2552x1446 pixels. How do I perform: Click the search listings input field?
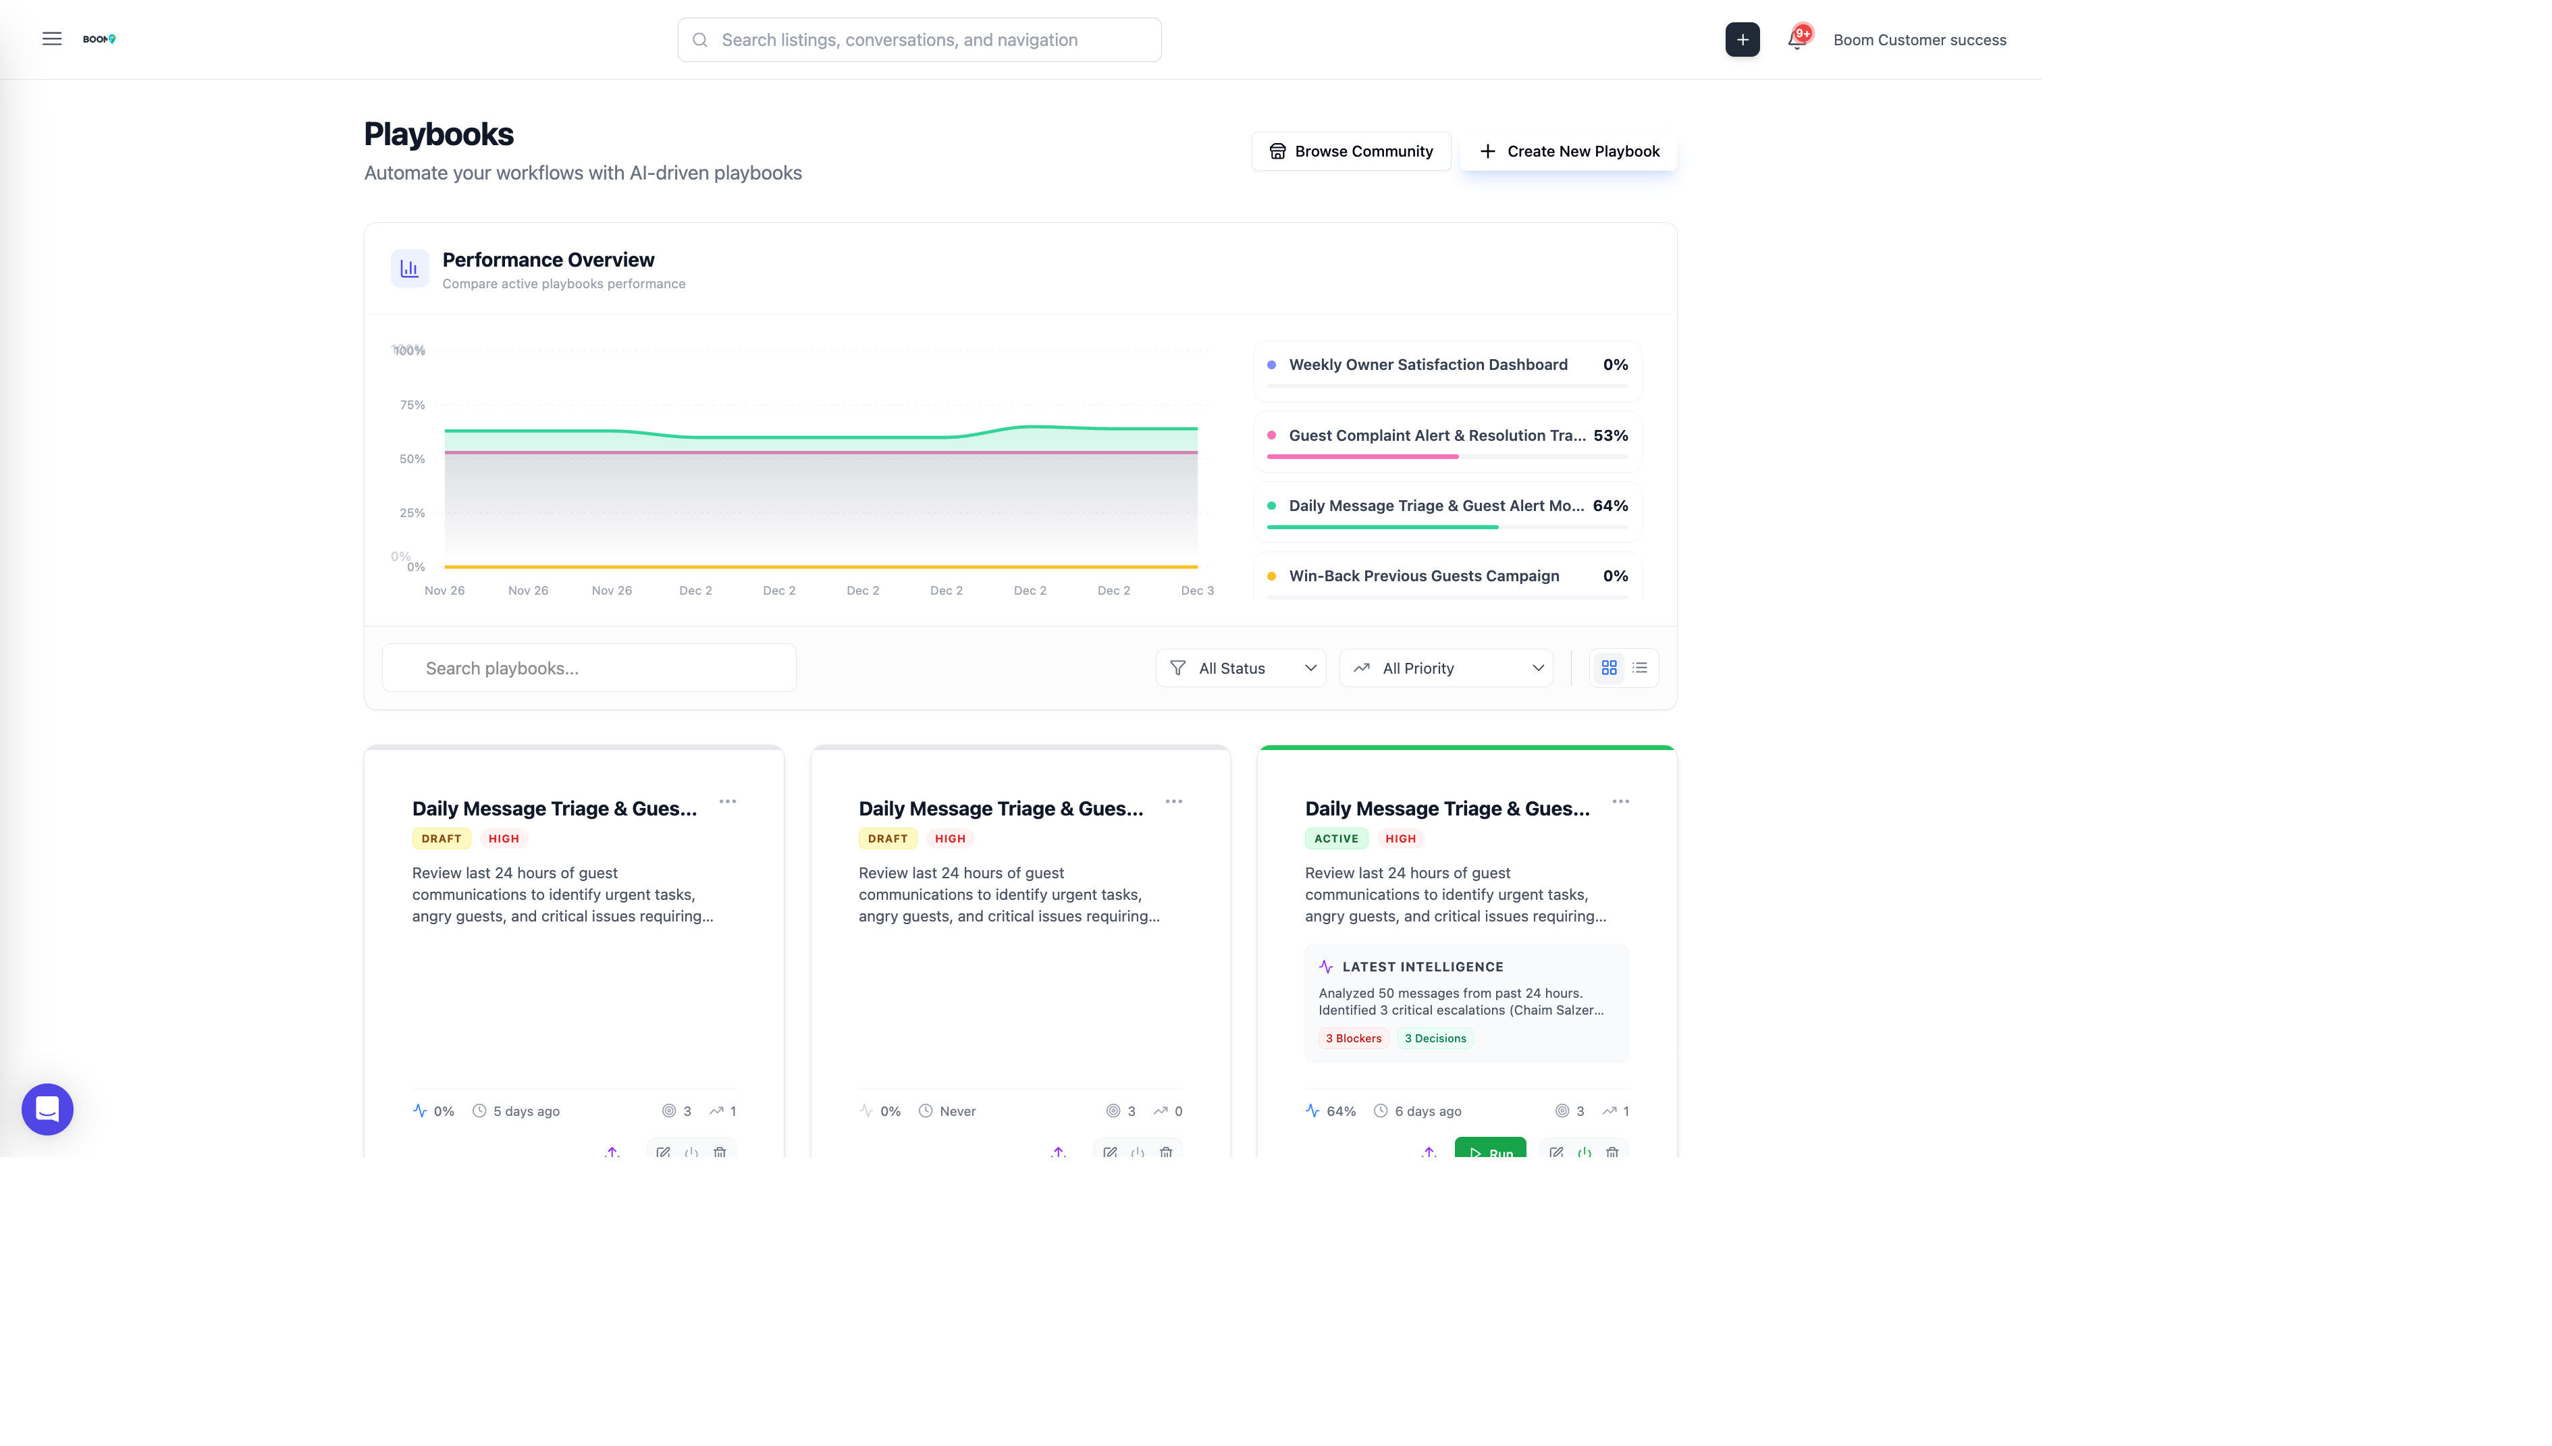919,40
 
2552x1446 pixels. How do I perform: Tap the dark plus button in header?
1742,40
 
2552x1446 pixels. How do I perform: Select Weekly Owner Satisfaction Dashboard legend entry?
1427,365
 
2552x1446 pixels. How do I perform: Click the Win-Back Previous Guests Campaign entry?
1423,576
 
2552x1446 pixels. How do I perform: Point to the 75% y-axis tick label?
412,405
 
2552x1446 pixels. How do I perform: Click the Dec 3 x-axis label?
1196,591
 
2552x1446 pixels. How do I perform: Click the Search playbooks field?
589,668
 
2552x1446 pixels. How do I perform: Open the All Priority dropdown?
1446,668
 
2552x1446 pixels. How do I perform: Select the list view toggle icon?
1639,668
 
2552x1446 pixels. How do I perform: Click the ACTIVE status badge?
1335,838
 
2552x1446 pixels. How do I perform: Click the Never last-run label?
957,1111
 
